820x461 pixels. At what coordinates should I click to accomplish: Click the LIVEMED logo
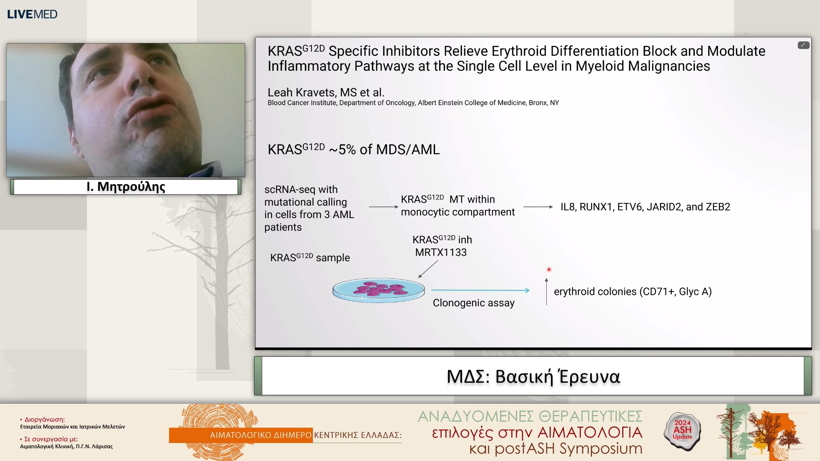[x=32, y=14]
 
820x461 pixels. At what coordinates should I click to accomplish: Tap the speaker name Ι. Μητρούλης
[x=126, y=187]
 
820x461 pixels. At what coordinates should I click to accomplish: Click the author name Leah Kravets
[x=302, y=92]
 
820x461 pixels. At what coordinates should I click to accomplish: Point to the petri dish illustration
[x=378, y=290]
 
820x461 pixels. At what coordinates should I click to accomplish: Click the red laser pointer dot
[x=549, y=269]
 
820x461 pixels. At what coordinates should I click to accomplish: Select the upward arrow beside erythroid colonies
[x=546, y=292]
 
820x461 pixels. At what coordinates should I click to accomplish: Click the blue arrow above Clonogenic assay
[x=480, y=290]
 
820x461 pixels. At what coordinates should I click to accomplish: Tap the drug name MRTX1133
[x=441, y=252]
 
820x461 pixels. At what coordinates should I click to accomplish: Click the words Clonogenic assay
[x=474, y=303]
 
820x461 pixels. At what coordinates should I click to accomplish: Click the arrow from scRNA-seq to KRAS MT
[x=384, y=207]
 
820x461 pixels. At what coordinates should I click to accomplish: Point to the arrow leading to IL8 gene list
[x=538, y=207]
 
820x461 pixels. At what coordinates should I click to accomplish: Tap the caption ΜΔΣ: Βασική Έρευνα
[x=533, y=376]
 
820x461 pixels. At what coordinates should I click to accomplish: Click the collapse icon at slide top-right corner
[x=803, y=45]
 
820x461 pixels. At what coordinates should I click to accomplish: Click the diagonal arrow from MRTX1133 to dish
[x=428, y=269]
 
